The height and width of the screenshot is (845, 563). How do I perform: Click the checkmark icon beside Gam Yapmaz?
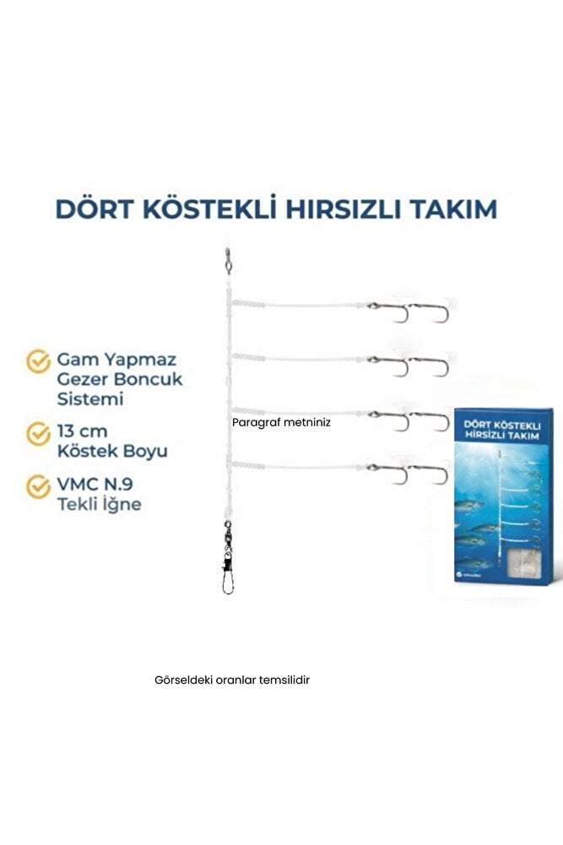pyautogui.click(x=38, y=361)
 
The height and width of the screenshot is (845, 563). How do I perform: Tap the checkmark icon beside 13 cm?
pyautogui.click(x=38, y=434)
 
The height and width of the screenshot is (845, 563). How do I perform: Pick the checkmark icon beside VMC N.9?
pyautogui.click(x=38, y=487)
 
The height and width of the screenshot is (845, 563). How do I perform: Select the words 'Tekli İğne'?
pyautogui.click(x=99, y=505)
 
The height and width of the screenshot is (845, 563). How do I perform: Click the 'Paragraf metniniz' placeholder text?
pyautogui.click(x=281, y=425)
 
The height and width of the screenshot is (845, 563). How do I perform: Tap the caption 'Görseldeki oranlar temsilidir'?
pyautogui.click(x=233, y=679)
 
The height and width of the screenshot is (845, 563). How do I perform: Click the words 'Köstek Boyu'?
pyautogui.click(x=112, y=451)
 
